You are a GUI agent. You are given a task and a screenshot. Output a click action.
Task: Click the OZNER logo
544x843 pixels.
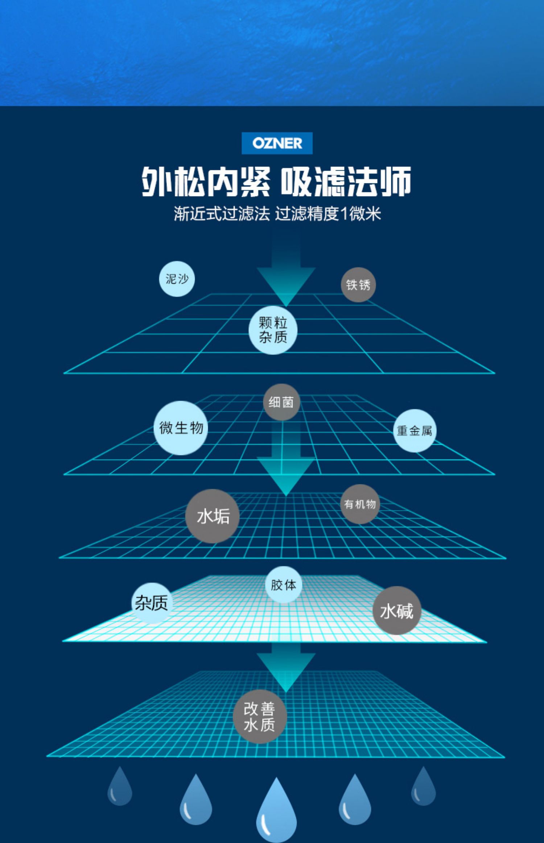click(277, 143)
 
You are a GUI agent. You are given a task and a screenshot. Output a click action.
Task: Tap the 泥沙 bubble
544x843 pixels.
click(177, 279)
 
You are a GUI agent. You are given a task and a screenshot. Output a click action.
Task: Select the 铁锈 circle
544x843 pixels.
click(358, 285)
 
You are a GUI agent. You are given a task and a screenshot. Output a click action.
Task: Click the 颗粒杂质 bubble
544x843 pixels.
click(273, 330)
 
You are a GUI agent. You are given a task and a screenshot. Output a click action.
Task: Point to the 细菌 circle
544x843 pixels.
click(281, 402)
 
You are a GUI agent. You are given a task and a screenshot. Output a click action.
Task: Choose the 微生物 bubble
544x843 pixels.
click(181, 428)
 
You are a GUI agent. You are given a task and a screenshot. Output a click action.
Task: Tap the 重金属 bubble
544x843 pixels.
click(414, 431)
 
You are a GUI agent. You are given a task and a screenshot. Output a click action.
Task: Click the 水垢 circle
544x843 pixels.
click(213, 516)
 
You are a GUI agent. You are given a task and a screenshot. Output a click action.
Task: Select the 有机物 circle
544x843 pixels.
click(360, 504)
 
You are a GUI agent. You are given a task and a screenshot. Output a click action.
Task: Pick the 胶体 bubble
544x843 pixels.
click(283, 585)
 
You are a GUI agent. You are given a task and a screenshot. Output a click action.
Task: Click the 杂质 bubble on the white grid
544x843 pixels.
click(152, 603)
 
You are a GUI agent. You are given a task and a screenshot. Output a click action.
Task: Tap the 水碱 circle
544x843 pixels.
click(396, 611)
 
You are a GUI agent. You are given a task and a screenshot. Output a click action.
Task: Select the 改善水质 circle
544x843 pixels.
click(260, 716)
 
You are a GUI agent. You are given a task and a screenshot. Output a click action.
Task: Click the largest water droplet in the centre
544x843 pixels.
click(276, 811)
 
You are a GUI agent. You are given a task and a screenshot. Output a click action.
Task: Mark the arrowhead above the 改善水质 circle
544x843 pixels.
click(286, 672)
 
